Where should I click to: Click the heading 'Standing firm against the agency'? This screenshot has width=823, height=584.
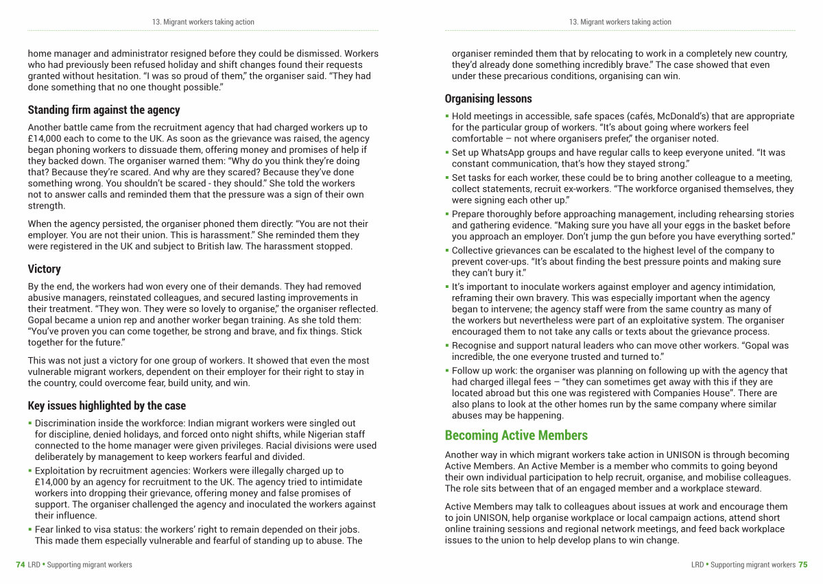(104, 110)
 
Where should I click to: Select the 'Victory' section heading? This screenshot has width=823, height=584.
(45, 269)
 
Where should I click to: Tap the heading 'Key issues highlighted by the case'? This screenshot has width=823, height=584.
(106, 406)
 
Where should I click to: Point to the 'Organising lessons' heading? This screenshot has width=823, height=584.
(488, 99)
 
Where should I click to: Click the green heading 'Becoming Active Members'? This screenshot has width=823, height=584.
(516, 435)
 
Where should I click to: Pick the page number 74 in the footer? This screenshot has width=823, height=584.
(21, 565)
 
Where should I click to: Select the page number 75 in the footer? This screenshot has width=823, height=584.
(802, 565)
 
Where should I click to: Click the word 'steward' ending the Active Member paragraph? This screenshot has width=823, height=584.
(744, 489)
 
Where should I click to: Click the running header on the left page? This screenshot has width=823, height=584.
(203, 22)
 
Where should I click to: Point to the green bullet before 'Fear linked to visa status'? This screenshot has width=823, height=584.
(30, 529)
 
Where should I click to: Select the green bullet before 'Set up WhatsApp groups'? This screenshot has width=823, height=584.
(446, 152)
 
